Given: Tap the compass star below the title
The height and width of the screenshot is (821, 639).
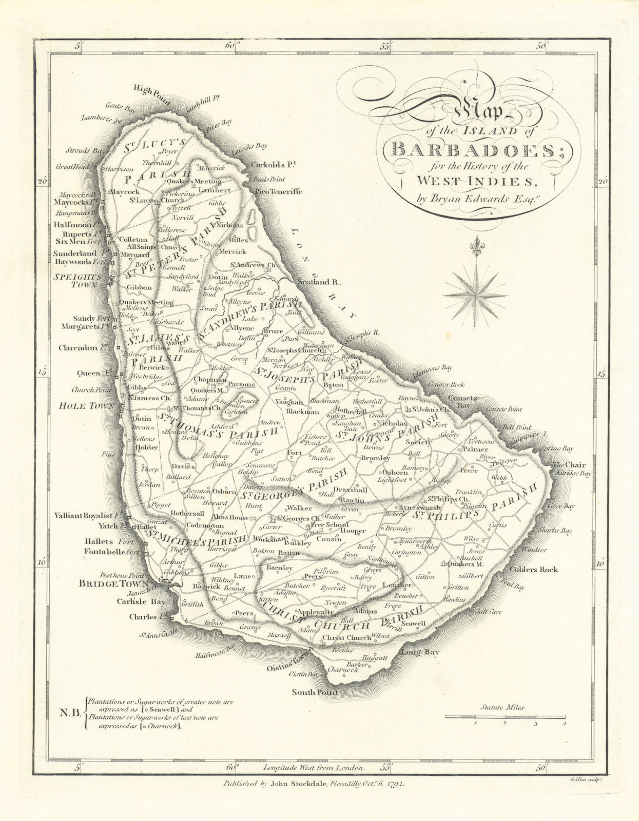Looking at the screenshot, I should coord(475,295).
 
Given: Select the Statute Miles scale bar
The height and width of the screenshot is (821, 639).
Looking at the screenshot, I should coord(505,716).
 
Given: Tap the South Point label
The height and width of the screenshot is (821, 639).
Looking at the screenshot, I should coord(315,692).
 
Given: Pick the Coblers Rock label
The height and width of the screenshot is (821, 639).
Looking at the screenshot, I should coord(533,569).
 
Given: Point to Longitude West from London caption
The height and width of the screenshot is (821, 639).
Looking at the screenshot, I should coord(314,768).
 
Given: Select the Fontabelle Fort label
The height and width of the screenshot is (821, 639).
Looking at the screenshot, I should coord(111,552).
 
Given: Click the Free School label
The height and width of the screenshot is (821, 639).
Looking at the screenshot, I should coord(332,524).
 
